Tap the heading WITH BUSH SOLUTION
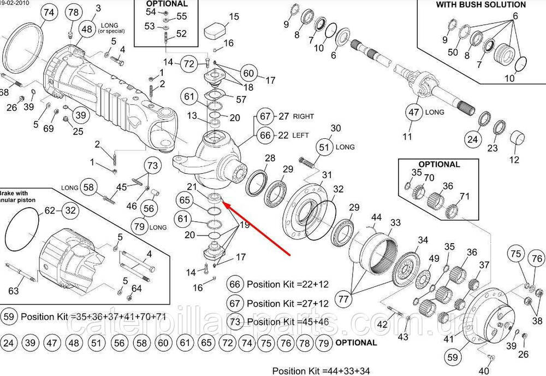pyautogui.click(x=481, y=4)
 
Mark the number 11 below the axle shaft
pyautogui.click(x=407, y=137)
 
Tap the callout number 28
pyautogui.click(x=270, y=158)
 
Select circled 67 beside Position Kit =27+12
pyautogui.click(x=235, y=303)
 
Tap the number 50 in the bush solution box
pyautogui.click(x=453, y=52)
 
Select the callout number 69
pyautogui.click(x=49, y=128)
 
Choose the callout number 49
pyautogui.click(x=434, y=258)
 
